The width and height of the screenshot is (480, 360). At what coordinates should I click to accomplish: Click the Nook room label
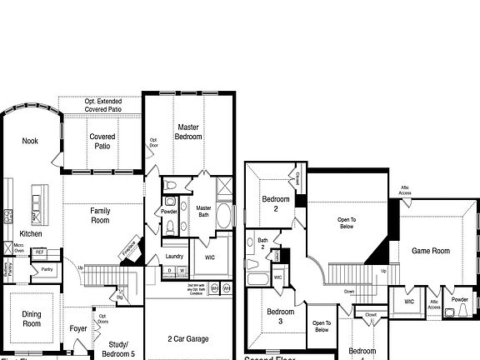point(30,141)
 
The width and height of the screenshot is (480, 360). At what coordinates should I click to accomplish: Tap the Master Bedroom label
point(188,132)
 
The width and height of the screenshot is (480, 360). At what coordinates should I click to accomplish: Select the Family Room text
point(100,216)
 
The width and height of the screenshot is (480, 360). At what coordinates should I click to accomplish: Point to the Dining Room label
point(32,319)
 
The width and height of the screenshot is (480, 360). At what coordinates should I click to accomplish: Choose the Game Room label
point(431,251)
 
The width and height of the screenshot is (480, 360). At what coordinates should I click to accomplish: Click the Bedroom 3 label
point(280,317)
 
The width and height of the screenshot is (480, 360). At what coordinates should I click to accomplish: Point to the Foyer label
point(78,328)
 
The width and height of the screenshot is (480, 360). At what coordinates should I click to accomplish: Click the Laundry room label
point(174,257)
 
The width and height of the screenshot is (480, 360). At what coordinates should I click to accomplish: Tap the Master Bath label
point(202,213)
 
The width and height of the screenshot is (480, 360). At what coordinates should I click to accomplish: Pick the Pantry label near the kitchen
point(47,270)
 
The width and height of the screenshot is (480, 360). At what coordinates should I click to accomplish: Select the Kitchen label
point(31,234)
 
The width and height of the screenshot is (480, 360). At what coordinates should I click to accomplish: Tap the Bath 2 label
point(262,244)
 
